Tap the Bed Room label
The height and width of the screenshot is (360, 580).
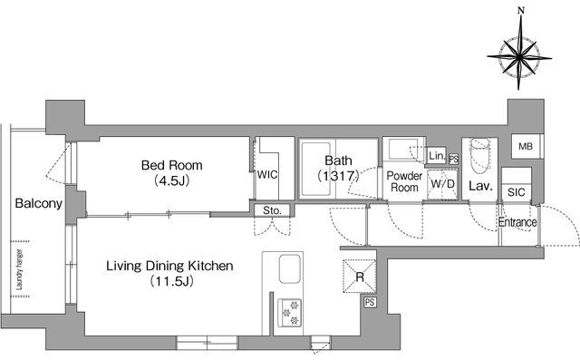[172, 165]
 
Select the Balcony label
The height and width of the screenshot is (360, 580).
[38, 203]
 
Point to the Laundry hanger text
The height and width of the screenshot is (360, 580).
[20, 269]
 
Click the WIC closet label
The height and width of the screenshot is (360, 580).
[267, 175]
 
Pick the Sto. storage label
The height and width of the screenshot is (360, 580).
[272, 210]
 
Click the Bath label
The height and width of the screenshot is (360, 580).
[338, 161]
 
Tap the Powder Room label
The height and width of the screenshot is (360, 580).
[404, 181]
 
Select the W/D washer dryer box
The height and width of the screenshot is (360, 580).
[443, 184]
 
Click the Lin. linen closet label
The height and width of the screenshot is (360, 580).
[437, 156]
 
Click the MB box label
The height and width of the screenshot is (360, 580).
[526, 147]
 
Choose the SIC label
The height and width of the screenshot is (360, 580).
[516, 192]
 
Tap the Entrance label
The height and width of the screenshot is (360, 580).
[517, 222]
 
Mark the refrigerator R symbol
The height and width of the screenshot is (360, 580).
[360, 277]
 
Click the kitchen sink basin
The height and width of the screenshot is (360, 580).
[289, 269]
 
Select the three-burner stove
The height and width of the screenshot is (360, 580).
[290, 313]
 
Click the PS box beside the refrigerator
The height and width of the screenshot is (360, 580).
[370, 302]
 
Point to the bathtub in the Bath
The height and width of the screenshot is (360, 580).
[316, 169]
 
